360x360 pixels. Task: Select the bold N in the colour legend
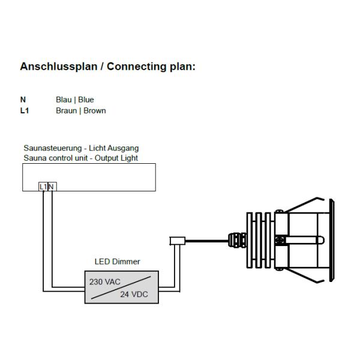23,100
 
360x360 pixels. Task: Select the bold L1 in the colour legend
24,110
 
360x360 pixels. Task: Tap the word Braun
66,110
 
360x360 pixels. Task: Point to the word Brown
95,110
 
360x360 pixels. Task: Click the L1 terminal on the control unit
43,187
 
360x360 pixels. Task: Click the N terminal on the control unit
51,187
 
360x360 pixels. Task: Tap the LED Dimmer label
118,262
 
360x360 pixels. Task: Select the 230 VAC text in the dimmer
104,281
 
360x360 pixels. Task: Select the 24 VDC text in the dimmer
134,294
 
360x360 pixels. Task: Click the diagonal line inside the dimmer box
119,287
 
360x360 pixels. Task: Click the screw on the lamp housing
279,241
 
